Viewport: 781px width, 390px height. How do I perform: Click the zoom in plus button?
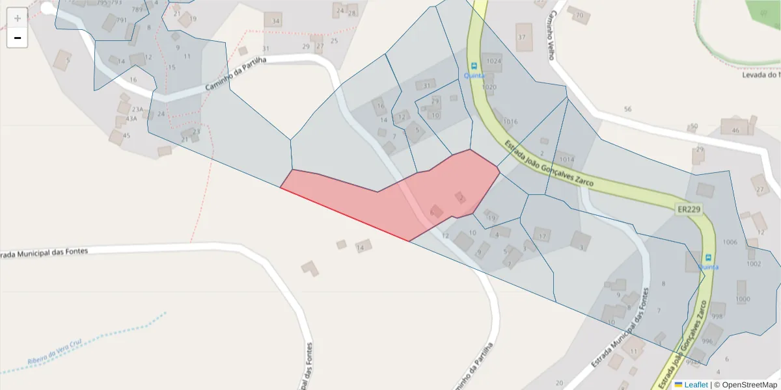coord(18,18)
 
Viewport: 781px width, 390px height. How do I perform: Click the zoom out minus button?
coord(18,38)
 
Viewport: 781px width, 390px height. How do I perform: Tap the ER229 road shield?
coord(689,209)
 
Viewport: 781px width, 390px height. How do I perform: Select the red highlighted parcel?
coord(404,201)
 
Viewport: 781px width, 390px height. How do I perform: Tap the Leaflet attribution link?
coord(695,385)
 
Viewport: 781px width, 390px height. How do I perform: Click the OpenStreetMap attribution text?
coord(745,385)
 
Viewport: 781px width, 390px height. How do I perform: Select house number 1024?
coord(494,61)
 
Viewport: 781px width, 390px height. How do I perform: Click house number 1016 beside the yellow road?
coord(510,122)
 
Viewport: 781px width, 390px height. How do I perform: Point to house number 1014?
coord(566,159)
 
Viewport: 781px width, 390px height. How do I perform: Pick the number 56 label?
coord(627,109)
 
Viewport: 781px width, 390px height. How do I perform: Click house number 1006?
coord(730,242)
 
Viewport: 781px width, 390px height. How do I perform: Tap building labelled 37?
coord(521,36)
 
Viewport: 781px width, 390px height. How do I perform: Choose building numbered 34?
coord(275,21)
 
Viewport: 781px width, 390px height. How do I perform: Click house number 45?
coord(126,135)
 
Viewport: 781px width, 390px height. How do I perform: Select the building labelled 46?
coord(735,130)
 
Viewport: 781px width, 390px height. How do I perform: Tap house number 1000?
coord(742,299)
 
